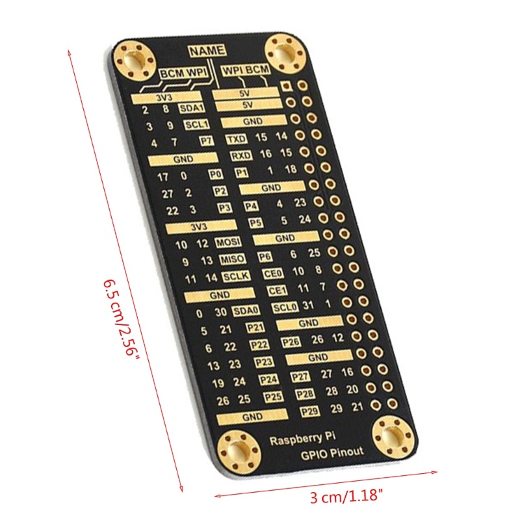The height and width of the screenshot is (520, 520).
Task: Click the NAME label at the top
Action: pos(207,51)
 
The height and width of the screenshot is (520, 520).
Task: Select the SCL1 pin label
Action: pos(196,125)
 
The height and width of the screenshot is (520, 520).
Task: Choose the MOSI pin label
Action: pos(228,242)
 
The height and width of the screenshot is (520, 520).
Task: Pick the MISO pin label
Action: pos(232,259)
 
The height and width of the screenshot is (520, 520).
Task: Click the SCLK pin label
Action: pos(237,276)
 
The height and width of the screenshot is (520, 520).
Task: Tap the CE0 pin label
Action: pos(271,274)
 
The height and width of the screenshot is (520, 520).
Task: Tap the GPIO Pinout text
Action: pos(332,454)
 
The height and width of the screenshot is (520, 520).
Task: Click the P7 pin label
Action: pos(206,141)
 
